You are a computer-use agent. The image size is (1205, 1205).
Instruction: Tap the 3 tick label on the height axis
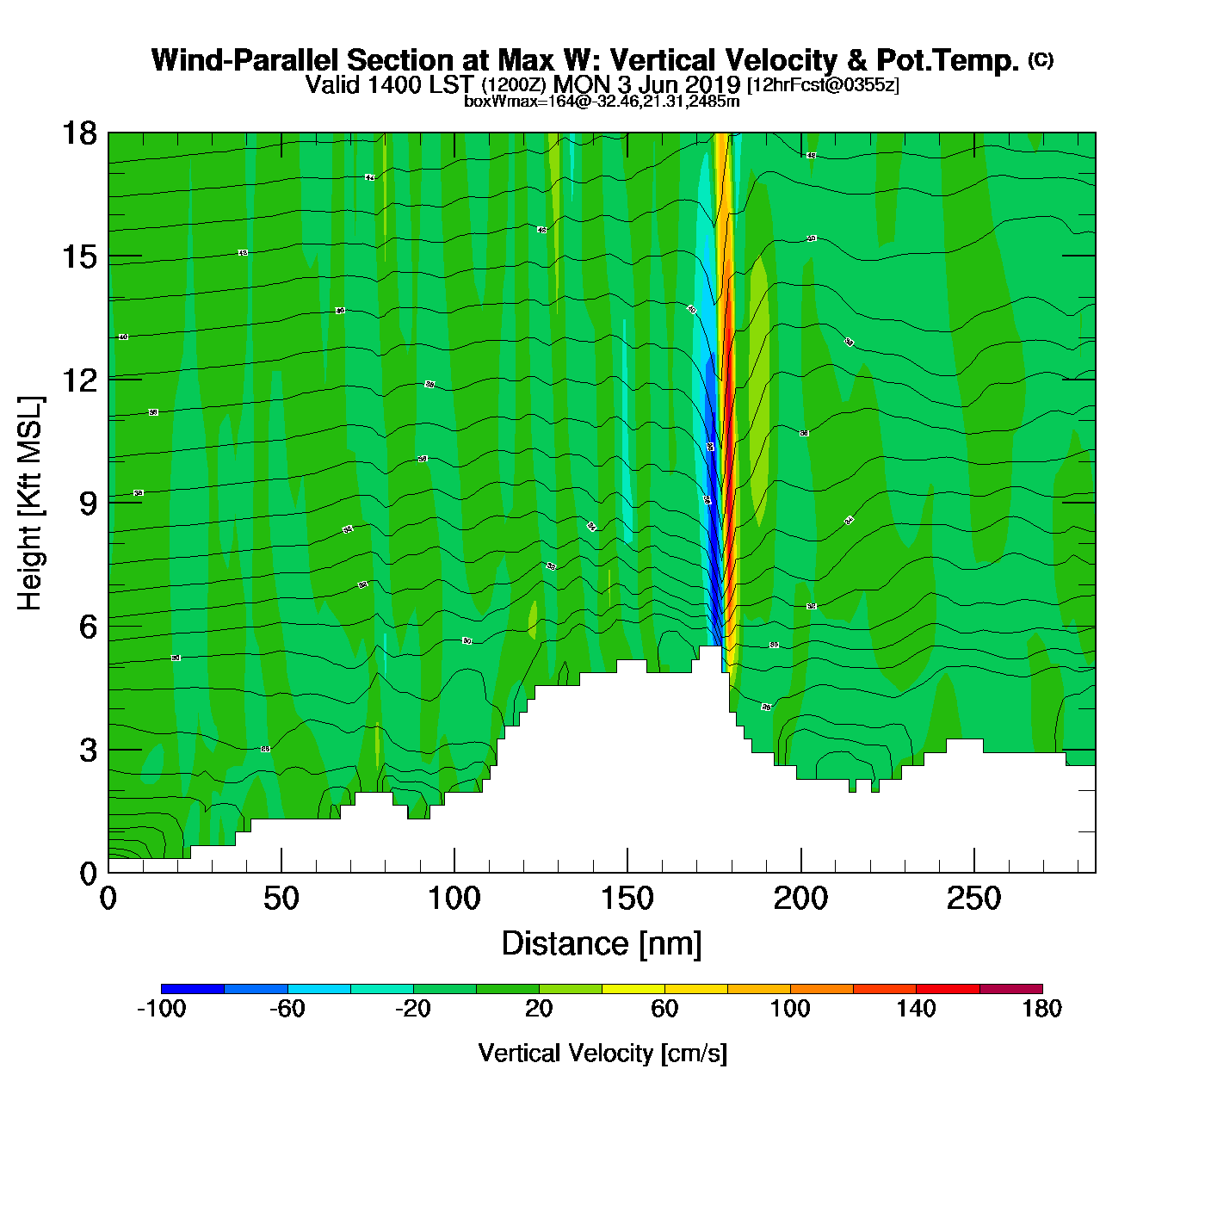coord(88,750)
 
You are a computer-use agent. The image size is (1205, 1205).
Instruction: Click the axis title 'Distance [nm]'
coord(602,944)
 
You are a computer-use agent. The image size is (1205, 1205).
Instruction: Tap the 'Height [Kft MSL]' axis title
coord(30,504)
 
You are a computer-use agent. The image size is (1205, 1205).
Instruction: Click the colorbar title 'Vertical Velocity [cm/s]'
coord(602,1053)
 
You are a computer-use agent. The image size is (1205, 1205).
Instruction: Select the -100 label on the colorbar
coord(161,1010)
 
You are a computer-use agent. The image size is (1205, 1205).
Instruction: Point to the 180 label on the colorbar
coord(1041,1010)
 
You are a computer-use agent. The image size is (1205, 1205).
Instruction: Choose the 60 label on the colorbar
coord(664,1010)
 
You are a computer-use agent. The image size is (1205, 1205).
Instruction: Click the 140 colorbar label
coord(916,1010)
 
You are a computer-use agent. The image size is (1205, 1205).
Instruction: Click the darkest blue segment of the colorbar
coord(193,989)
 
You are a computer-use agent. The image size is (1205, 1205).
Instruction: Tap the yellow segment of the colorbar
coord(633,989)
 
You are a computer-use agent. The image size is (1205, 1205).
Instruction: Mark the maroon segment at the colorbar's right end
coord(1010,989)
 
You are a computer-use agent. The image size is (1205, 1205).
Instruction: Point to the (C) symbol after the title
coord(1041,59)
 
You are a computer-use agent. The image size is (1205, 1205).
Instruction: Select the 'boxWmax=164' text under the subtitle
coord(507,102)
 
